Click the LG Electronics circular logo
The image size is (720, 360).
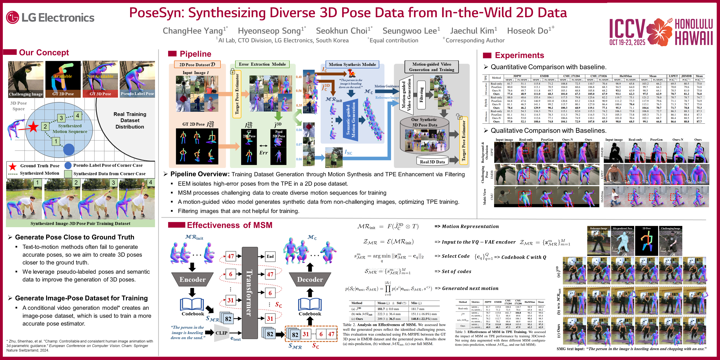click(12, 17)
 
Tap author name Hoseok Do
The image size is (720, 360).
click(528, 31)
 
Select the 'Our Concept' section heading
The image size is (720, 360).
click(44, 52)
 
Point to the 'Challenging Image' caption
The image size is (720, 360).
click(26, 94)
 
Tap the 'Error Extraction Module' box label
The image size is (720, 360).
click(262, 64)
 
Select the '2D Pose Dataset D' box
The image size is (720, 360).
click(197, 65)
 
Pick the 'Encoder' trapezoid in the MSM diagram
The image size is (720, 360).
click(192, 280)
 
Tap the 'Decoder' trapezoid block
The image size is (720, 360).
click(310, 280)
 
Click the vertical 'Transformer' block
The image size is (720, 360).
click(250, 293)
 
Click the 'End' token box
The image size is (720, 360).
click(270, 256)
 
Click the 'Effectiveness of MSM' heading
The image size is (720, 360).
click(230, 225)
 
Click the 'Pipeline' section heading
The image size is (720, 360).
click(195, 54)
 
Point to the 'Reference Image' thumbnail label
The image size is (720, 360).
click(598, 228)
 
